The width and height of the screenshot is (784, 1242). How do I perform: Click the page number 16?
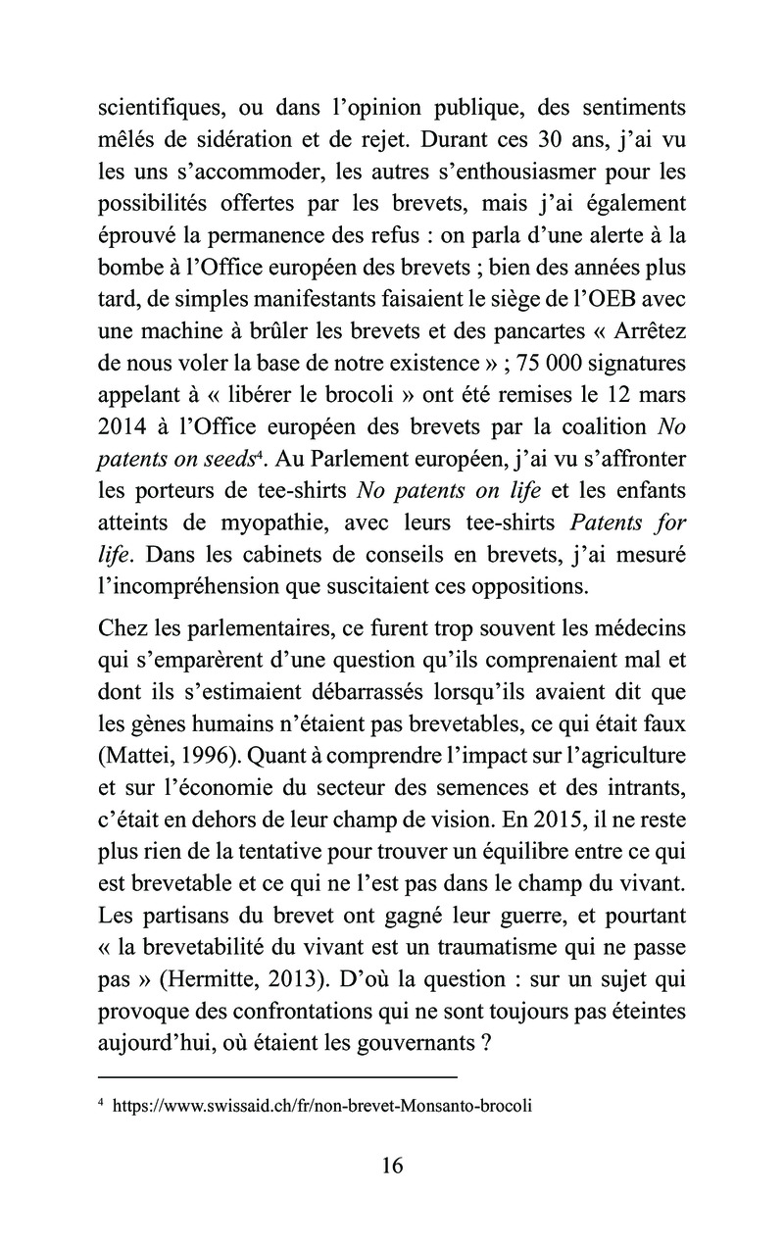tap(391, 1166)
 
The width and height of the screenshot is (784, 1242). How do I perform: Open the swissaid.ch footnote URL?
tap(322, 1106)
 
